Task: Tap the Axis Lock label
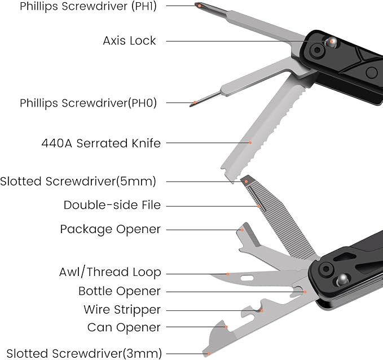click(x=129, y=41)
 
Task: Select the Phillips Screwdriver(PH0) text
click(x=88, y=103)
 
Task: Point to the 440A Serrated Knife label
click(x=101, y=143)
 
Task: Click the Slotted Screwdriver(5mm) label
click(x=78, y=181)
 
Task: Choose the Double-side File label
click(x=112, y=205)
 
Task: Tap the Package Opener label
click(x=110, y=229)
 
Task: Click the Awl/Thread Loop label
click(x=110, y=273)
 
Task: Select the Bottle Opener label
click(x=120, y=291)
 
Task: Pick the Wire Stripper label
click(x=122, y=309)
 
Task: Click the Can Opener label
click(x=124, y=327)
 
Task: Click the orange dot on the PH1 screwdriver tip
click(x=199, y=5)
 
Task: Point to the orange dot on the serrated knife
click(x=250, y=143)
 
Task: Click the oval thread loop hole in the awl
click(x=246, y=278)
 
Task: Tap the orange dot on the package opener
click(x=243, y=229)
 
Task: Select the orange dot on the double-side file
click(x=259, y=207)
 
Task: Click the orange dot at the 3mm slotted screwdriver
click(x=209, y=353)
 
